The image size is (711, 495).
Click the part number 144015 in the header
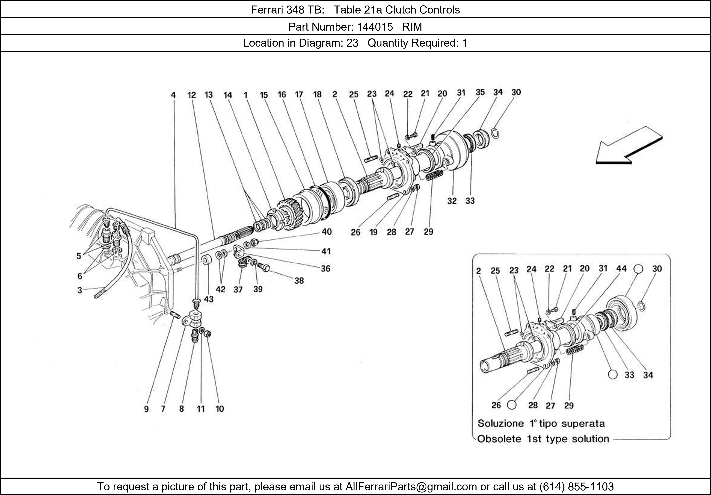(x=375, y=27)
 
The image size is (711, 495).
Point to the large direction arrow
(x=629, y=146)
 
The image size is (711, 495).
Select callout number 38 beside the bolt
(x=299, y=281)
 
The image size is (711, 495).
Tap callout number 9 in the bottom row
(x=146, y=409)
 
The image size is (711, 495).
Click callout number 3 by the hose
(x=80, y=290)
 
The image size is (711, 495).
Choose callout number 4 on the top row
(x=173, y=95)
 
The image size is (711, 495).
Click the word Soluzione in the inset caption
(x=500, y=424)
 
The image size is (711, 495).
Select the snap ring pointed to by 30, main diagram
(x=495, y=133)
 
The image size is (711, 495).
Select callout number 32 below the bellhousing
(x=452, y=201)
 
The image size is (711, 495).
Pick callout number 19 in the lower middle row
(x=373, y=232)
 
